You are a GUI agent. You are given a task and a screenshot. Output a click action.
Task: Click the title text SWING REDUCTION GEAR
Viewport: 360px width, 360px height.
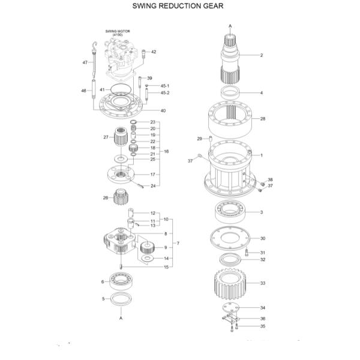coord(180,6)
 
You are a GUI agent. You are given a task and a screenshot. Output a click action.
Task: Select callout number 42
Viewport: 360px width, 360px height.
coord(154,52)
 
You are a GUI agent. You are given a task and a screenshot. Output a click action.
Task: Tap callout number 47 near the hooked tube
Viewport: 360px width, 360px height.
coord(85,62)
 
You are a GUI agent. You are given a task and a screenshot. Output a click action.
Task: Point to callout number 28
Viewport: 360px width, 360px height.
coord(262,119)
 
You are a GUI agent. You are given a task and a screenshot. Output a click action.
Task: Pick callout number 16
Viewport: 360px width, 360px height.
coord(166,151)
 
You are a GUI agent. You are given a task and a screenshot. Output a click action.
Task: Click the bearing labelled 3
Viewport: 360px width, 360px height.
coord(230,212)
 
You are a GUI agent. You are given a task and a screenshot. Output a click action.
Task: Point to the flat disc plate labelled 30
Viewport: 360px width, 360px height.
coord(230,238)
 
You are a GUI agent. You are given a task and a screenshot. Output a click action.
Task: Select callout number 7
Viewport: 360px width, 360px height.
coord(176,244)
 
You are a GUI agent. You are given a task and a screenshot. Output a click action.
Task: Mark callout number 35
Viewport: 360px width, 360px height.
coord(262,326)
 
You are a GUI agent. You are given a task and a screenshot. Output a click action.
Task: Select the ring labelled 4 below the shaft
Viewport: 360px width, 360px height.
coord(230,93)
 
